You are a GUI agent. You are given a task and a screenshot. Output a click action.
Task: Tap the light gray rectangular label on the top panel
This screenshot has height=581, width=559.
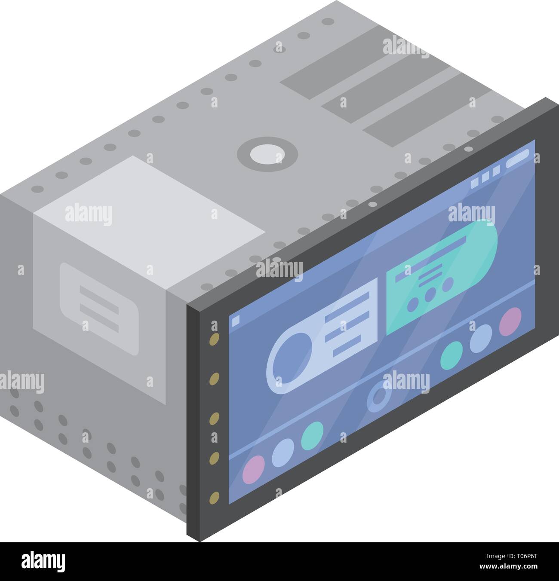(149, 223)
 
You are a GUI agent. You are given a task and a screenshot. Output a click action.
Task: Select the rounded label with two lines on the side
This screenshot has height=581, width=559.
(99, 309)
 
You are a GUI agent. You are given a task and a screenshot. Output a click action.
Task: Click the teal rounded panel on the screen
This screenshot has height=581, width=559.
(442, 277)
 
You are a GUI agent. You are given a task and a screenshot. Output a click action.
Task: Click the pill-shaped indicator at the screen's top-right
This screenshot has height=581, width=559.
(517, 159)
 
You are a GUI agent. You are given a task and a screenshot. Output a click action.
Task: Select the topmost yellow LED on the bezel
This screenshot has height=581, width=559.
(214, 339)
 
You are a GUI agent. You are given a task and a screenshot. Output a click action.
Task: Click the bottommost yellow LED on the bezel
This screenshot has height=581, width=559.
(214, 498)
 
